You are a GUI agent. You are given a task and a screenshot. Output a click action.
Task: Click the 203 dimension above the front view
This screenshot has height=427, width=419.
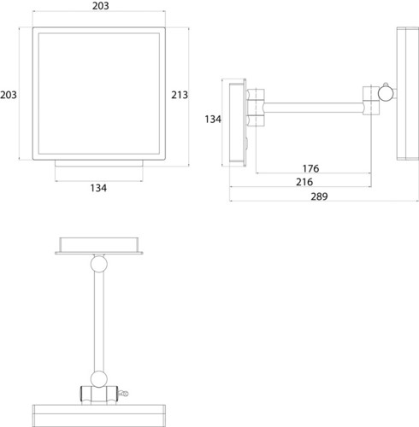tap(100, 6)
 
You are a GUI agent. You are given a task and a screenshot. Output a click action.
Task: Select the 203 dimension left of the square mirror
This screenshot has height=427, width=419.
tap(9, 95)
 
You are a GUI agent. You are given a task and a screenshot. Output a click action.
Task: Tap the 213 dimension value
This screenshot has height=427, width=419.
tap(180, 95)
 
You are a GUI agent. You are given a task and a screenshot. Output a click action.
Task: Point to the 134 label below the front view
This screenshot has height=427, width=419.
tap(98, 188)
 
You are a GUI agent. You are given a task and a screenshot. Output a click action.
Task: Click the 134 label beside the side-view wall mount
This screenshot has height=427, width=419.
tap(213, 119)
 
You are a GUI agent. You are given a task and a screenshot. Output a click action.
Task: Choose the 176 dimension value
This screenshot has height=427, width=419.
tap(310, 168)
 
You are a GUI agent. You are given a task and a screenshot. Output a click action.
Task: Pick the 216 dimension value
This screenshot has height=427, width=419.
tap(304, 182)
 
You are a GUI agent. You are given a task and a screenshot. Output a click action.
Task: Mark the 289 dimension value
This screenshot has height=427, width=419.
tap(319, 196)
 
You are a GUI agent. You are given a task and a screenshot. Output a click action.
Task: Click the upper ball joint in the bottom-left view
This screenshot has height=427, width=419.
tap(99, 264)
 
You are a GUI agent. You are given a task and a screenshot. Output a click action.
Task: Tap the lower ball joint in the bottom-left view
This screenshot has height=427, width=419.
tap(99, 379)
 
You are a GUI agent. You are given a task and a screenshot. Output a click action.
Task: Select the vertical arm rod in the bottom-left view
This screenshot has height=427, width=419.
tap(99, 321)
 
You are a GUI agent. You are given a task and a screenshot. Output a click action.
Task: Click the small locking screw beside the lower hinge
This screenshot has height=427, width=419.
tap(123, 394)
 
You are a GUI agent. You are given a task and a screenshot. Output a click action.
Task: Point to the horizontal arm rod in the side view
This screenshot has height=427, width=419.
tap(314, 108)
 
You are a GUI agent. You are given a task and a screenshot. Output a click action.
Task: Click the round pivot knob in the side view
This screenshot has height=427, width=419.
tap(386, 93)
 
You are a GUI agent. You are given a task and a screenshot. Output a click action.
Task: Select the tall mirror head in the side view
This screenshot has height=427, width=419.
tap(408, 93)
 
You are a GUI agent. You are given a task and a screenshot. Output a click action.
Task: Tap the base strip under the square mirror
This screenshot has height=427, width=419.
tap(99, 163)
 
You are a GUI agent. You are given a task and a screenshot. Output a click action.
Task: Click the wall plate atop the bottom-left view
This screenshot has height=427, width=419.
tap(99, 246)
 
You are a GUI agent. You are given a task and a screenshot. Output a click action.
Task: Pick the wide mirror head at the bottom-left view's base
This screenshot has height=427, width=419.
tap(99, 416)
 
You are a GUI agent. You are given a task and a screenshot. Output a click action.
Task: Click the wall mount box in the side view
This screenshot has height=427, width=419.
tap(238, 122)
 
